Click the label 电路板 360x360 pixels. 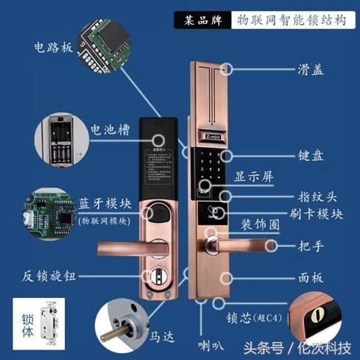tap(53, 47)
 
